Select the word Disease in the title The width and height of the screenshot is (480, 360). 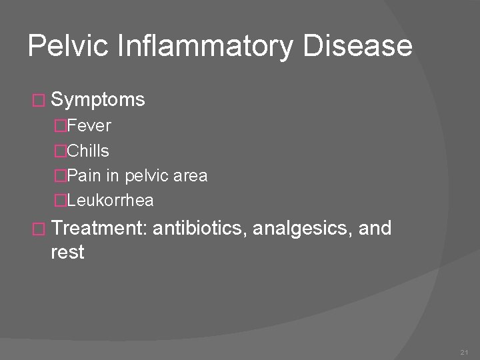[357, 46]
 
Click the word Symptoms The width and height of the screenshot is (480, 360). [97, 100]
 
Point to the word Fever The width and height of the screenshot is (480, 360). [89, 125]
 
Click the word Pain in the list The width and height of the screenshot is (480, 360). [83, 176]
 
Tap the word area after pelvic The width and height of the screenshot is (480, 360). [191, 176]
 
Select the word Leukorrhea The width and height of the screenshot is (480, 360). [111, 200]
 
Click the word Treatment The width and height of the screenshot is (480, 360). [99, 229]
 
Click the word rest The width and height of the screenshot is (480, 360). [67, 252]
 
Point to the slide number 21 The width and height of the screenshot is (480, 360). [464, 351]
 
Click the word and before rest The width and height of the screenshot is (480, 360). [375, 229]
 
